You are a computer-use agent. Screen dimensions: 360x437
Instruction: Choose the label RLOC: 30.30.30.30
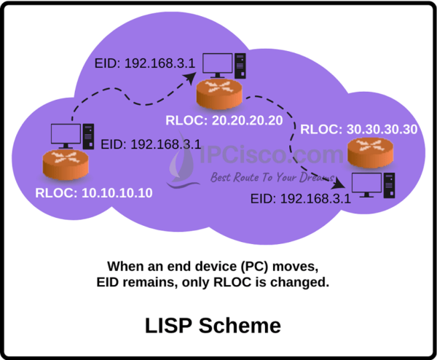pyautogui.click(x=358, y=129)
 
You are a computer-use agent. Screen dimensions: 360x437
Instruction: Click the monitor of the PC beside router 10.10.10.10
pyautogui.click(x=67, y=134)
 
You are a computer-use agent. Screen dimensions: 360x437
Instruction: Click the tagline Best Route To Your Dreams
pyautogui.click(x=269, y=177)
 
